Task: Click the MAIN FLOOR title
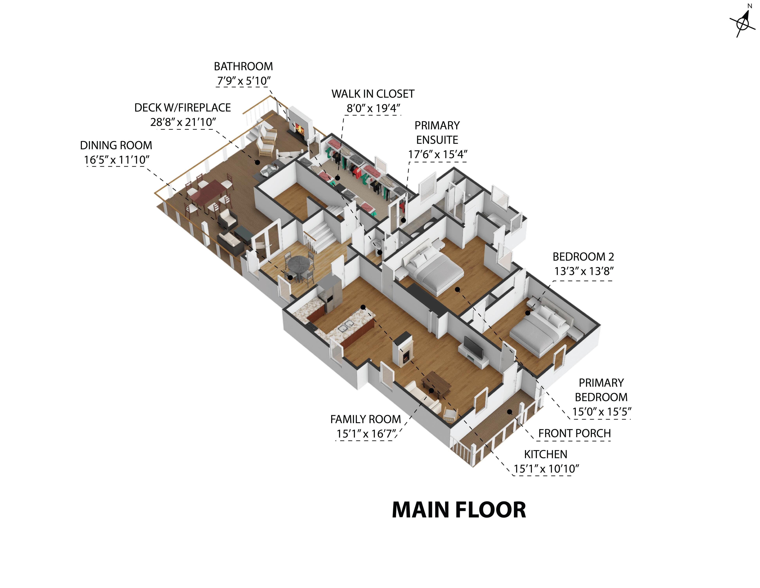[x=459, y=510]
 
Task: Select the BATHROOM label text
[x=243, y=66]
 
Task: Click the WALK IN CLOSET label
[x=373, y=94]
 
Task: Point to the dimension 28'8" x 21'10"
[x=183, y=122]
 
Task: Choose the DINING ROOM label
[x=116, y=145]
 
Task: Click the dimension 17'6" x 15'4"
[x=437, y=154]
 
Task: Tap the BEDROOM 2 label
[x=583, y=257]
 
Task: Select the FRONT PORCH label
[x=575, y=433]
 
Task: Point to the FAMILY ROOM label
[x=365, y=419]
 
